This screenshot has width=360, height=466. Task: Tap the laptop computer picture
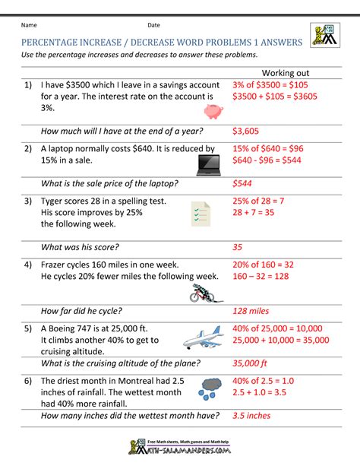click(x=208, y=162)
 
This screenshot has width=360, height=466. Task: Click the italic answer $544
click(x=243, y=183)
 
